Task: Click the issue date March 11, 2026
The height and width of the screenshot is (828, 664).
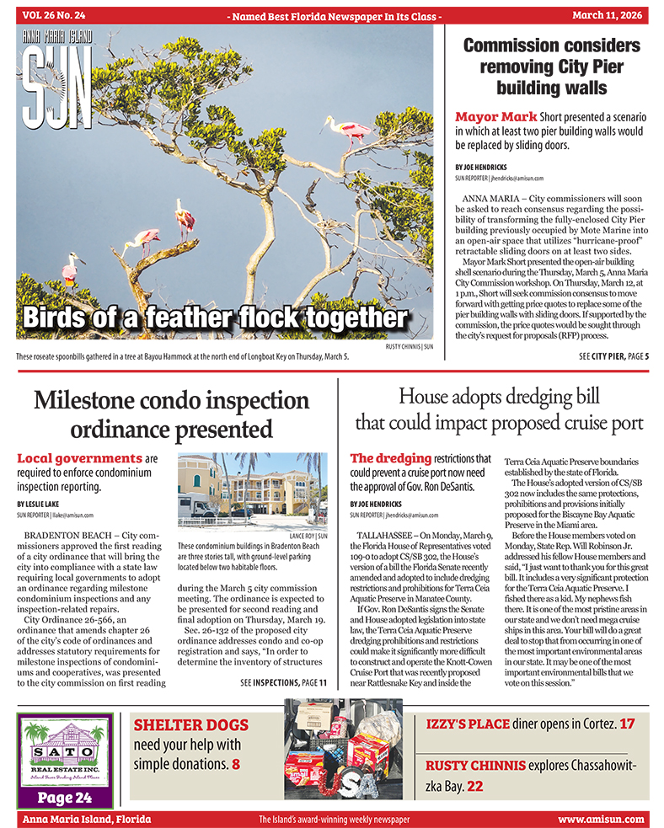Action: tap(608, 14)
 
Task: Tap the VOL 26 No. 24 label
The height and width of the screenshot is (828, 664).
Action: tap(56, 14)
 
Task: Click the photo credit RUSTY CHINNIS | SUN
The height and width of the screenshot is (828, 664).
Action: tap(409, 346)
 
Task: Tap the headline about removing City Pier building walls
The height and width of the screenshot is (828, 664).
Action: tap(551, 67)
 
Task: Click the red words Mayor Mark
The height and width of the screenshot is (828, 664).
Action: tap(495, 117)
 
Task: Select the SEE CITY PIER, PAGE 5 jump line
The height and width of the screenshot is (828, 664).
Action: tap(613, 357)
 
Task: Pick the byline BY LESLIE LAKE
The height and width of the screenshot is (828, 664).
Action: tap(42, 504)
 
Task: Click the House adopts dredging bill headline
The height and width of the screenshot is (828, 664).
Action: tap(500, 408)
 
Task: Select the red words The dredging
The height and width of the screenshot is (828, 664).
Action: tap(390, 459)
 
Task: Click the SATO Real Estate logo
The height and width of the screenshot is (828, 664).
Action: tap(64, 753)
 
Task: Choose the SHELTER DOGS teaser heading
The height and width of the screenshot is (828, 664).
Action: tap(190, 724)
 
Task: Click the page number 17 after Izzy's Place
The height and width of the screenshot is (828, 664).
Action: tap(627, 724)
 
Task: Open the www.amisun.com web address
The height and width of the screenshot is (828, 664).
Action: tap(600, 819)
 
